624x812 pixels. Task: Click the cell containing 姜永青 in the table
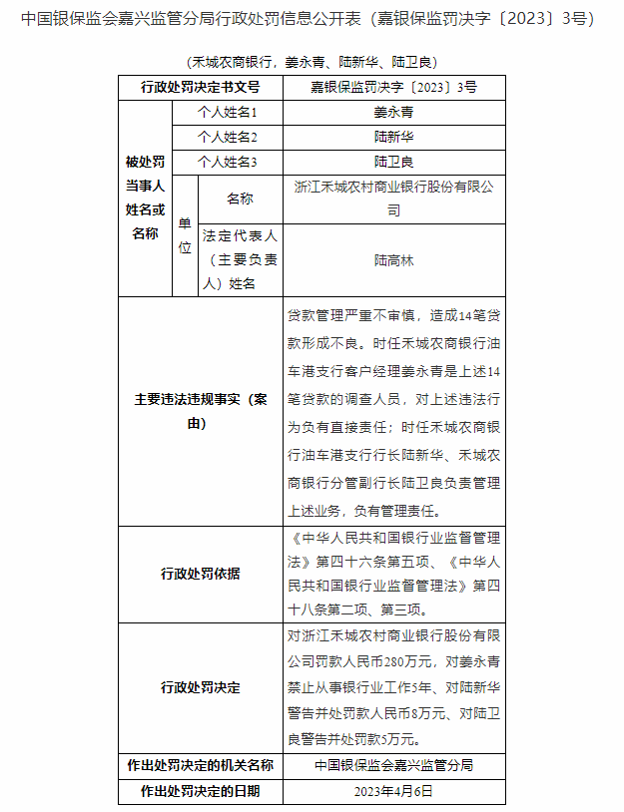(393, 113)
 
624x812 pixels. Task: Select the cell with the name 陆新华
(393, 137)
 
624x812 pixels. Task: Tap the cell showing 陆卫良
(393, 161)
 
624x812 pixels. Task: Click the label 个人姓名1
(228, 113)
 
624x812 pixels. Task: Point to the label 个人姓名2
(228, 137)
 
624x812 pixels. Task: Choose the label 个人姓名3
(228, 161)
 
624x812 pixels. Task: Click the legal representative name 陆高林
(393, 260)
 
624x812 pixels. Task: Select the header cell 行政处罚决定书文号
(200, 88)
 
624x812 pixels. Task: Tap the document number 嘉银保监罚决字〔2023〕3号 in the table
(393, 88)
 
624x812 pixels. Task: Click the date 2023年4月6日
(393, 791)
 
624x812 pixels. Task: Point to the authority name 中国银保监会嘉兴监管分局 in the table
(393, 765)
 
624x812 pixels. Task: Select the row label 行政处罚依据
(200, 574)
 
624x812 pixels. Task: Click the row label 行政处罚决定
(200, 687)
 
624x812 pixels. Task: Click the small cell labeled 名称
(240, 199)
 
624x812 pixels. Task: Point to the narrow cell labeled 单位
(185, 235)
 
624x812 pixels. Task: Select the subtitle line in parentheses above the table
(312, 62)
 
